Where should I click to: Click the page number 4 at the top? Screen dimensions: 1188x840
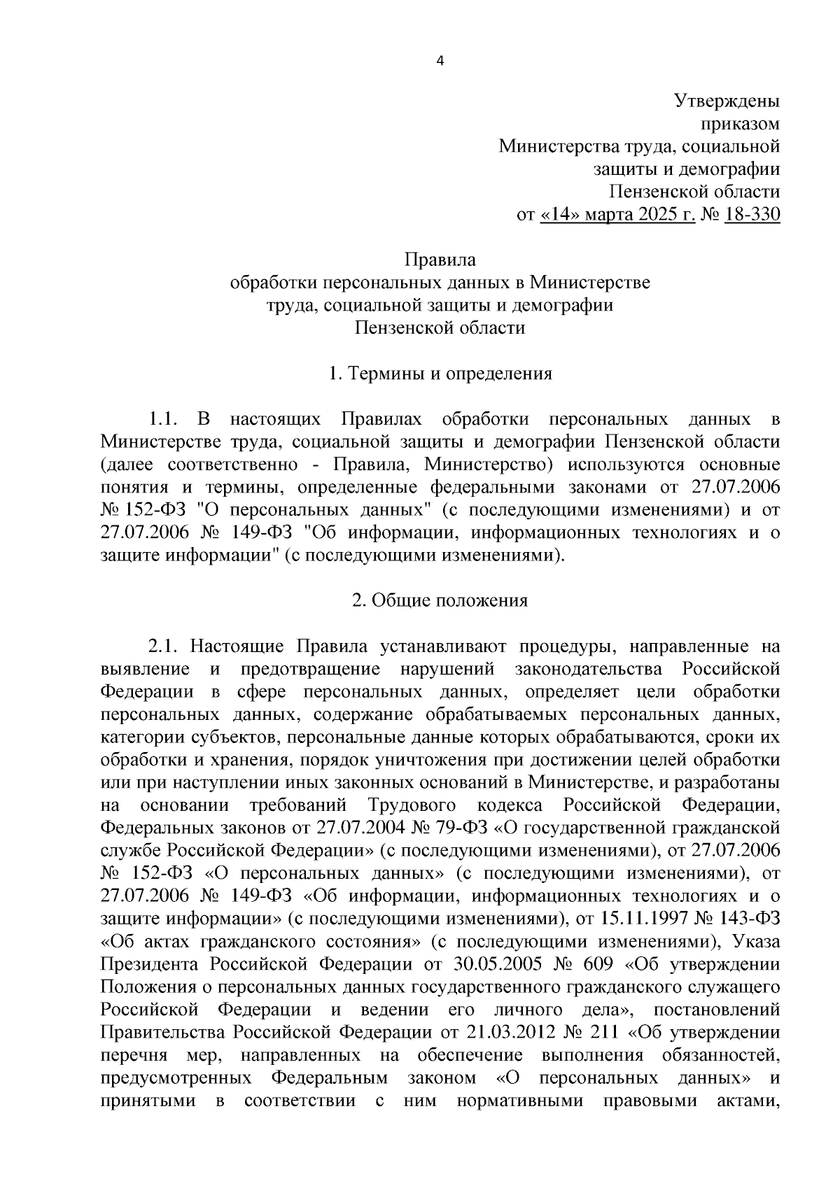tap(440, 60)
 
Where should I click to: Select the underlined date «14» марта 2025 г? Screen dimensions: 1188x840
tap(618, 214)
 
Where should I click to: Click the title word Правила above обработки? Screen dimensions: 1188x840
tap(440, 260)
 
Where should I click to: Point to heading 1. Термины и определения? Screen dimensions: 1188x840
tap(440, 374)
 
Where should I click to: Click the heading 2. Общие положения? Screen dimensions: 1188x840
tap(440, 600)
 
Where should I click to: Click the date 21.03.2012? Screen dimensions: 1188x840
tap(496, 1032)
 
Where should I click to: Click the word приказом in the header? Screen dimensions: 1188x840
tap(740, 123)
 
